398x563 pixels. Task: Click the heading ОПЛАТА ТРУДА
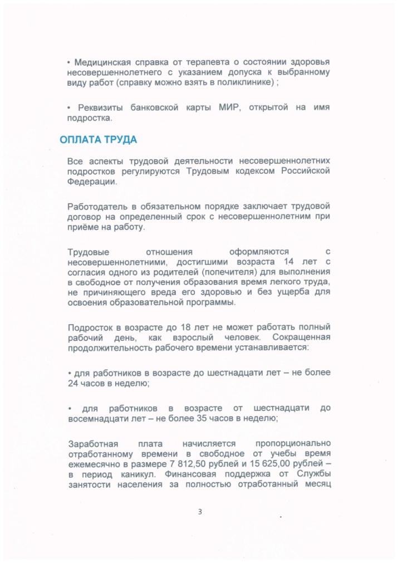pyautogui.click(x=98, y=140)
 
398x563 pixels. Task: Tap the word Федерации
pyautogui.click(x=92, y=182)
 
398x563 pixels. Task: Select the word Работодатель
pyautogui.click(x=99, y=207)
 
